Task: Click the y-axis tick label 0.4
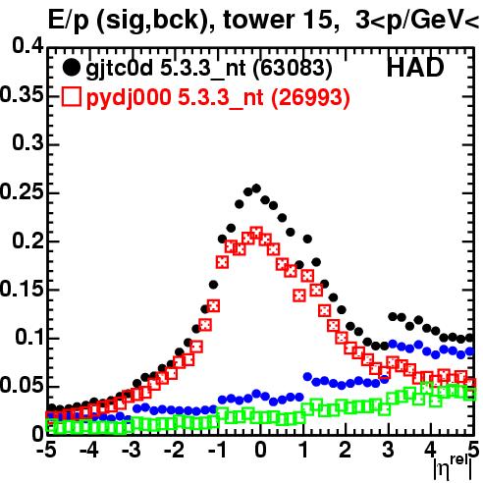27,46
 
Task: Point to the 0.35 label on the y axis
22,95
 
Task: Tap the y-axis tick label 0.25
22,191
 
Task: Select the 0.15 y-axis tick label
22,289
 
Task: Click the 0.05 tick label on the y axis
22,386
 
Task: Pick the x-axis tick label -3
132,450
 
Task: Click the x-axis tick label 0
260,450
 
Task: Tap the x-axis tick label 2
346,450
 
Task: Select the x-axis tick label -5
46,450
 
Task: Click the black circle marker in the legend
71,68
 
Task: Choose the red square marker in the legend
71,96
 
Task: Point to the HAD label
415,68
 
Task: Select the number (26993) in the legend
310,97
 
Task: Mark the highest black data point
256,188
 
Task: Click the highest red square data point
256,234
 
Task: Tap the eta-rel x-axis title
453,467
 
